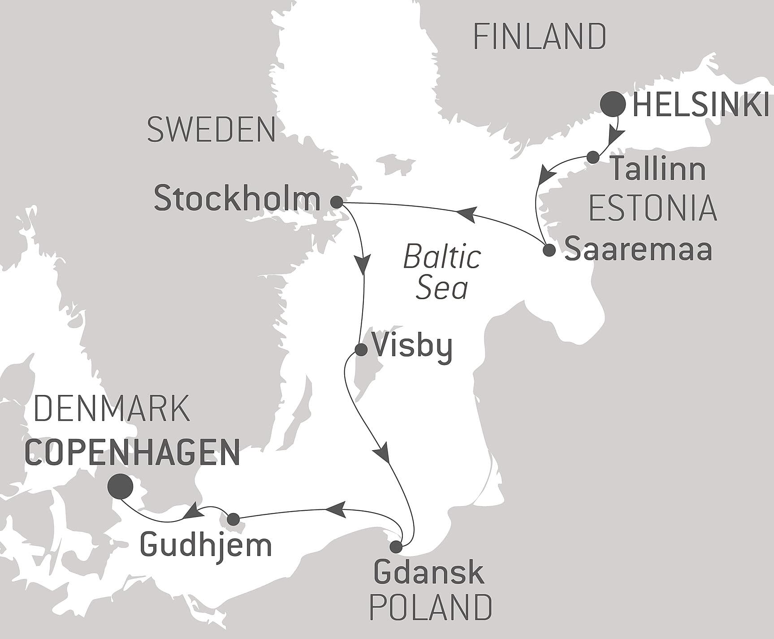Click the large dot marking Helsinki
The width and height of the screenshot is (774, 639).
613,104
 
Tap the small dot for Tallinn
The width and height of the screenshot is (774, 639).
593,157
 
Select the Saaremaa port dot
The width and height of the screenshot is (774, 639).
549,250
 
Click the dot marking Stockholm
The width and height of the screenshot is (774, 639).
337,202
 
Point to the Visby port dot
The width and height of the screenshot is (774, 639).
361,349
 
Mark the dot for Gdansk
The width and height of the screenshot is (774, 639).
396,547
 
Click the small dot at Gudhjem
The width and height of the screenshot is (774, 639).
233,519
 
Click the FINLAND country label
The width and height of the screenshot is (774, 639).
540,37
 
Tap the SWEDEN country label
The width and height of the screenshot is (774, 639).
211,130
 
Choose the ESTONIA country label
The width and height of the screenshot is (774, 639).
653,208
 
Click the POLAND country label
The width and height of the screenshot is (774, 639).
430,608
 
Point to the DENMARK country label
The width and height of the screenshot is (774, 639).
112,409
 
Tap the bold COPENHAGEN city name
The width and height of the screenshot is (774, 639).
133,452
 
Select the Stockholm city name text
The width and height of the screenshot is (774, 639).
237,199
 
